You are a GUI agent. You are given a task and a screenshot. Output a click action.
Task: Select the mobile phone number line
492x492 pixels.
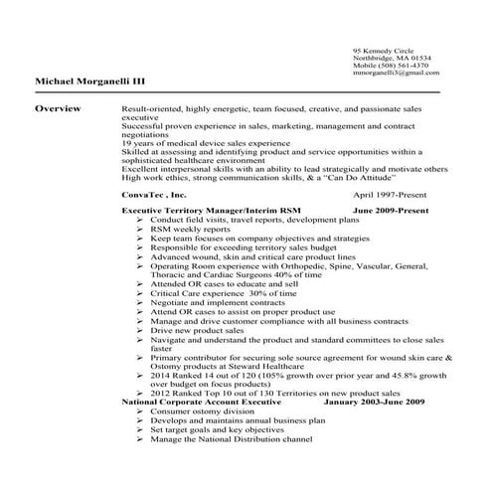[387, 65]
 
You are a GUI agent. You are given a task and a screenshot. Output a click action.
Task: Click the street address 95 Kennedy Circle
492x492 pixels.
[380, 50]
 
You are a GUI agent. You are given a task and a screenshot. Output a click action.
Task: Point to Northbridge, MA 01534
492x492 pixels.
[386, 57]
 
